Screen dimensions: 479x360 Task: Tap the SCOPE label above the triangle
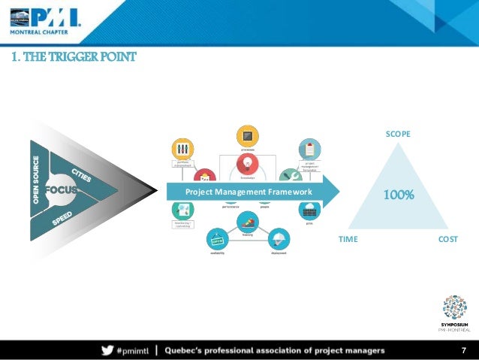(397, 134)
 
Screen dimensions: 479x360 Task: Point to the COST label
(447, 239)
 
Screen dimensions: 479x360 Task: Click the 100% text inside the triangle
(399, 195)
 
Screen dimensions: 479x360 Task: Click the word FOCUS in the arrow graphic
(61, 189)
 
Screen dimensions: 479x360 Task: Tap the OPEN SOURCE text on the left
(35, 180)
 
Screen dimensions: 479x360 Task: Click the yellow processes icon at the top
(248, 136)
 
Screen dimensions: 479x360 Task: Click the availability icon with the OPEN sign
(218, 240)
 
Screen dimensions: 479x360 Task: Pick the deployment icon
(277, 240)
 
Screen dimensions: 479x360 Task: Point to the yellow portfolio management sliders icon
(182, 148)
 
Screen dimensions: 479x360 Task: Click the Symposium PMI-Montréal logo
(454, 311)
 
